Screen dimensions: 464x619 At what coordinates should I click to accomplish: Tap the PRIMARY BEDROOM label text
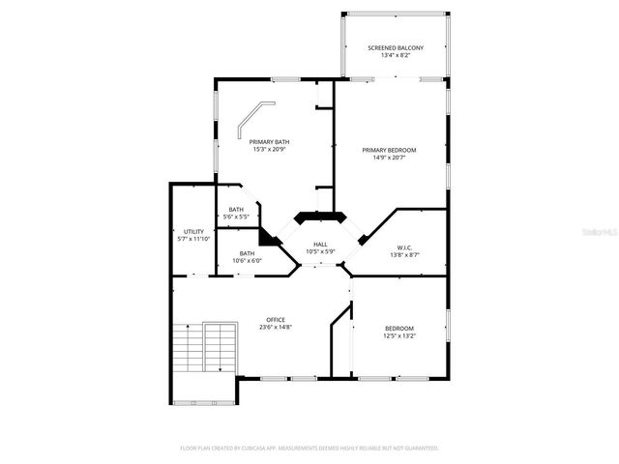[389, 150]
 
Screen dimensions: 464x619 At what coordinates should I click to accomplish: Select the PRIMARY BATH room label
[270, 142]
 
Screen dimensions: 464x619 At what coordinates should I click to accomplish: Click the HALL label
[320, 246]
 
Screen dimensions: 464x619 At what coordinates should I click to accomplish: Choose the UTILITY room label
[193, 232]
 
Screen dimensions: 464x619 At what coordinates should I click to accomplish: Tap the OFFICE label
[276, 320]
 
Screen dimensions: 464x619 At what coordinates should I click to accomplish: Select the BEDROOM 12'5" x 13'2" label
[398, 328]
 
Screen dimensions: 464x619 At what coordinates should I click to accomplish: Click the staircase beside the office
[205, 348]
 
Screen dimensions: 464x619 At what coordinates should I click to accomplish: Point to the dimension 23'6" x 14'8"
[276, 328]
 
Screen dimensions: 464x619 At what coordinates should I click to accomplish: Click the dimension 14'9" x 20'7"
[389, 158]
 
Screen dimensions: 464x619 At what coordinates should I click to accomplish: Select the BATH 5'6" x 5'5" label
[236, 210]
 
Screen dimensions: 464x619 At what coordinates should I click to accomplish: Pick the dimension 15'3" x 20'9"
[270, 150]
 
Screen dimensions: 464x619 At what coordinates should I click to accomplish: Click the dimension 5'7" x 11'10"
[193, 240]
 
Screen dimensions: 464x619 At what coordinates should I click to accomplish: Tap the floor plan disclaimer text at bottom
[309, 449]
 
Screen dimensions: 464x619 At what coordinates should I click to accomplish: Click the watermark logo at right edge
[604, 233]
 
